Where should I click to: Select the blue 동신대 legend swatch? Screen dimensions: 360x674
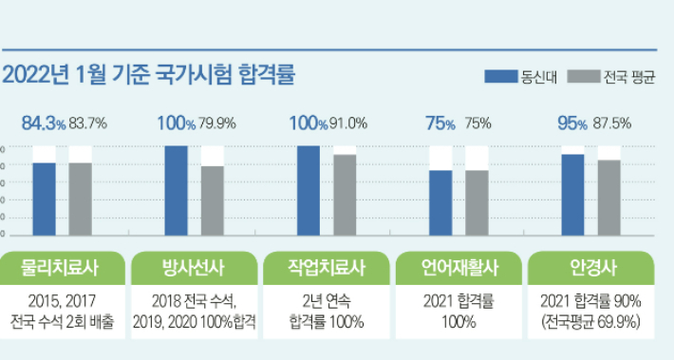500,75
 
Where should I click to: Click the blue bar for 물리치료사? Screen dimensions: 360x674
45,198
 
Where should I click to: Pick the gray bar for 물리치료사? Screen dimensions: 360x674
81,198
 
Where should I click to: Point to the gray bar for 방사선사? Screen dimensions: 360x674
213,199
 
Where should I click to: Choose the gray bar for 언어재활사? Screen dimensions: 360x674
477,201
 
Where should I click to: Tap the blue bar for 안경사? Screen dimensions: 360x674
572,194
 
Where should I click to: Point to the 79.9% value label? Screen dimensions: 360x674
219,123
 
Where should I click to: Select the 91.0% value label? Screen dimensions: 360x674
350,123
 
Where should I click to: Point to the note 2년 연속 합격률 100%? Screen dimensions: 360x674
327,311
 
